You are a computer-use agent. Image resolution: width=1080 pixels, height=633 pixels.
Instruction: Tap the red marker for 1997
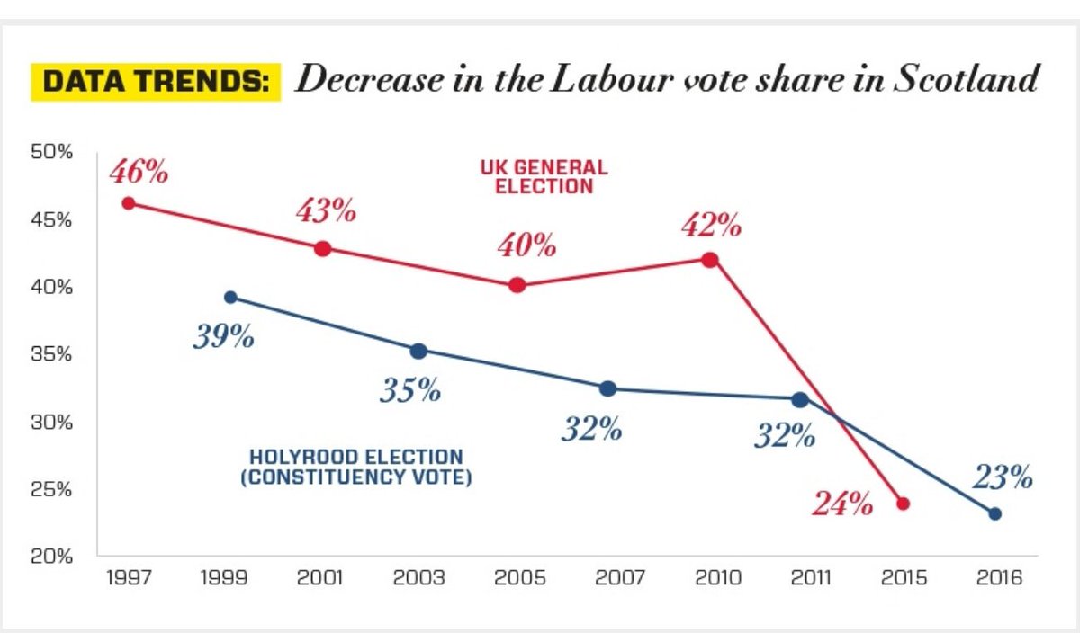click(x=129, y=203)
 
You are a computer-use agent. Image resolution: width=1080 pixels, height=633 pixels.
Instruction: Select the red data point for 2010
click(x=710, y=260)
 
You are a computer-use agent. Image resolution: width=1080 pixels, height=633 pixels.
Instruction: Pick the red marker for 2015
click(x=904, y=504)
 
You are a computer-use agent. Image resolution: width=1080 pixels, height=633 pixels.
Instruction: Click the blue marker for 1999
click(x=230, y=298)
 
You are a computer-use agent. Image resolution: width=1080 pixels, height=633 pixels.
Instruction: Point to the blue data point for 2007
click(x=607, y=388)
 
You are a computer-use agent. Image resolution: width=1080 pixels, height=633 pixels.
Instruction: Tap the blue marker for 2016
click(x=994, y=513)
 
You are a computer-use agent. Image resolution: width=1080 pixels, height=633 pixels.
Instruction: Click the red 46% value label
click(x=139, y=172)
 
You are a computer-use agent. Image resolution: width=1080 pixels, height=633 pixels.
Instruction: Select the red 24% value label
click(x=842, y=504)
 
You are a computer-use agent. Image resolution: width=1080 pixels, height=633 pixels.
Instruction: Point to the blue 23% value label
click(x=1002, y=477)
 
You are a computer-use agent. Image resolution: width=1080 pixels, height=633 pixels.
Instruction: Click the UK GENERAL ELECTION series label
click(x=544, y=177)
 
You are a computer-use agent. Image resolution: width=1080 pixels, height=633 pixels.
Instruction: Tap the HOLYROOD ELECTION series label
click(x=355, y=468)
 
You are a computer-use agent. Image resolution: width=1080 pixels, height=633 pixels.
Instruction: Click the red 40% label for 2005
click(x=526, y=246)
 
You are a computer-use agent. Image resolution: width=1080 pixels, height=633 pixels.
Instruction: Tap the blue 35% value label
click(x=409, y=390)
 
